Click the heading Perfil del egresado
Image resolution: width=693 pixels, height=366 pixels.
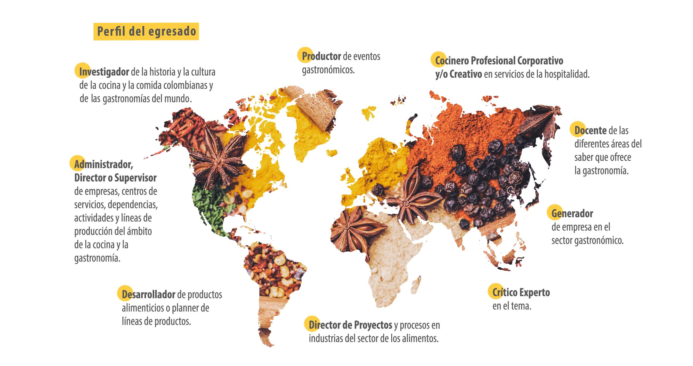(x=146, y=32)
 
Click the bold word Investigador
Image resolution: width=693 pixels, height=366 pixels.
(x=104, y=72)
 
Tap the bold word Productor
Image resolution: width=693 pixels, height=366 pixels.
(x=321, y=56)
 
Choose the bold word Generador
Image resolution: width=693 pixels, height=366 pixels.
(x=572, y=214)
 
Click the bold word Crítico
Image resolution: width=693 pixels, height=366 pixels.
(x=505, y=293)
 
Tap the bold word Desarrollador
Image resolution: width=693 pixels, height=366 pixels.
(x=148, y=295)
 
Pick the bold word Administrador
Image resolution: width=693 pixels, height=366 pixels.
(x=104, y=164)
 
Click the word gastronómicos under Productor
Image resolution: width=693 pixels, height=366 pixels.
(x=328, y=70)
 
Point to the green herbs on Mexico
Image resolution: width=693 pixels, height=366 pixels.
(x=209, y=207)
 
